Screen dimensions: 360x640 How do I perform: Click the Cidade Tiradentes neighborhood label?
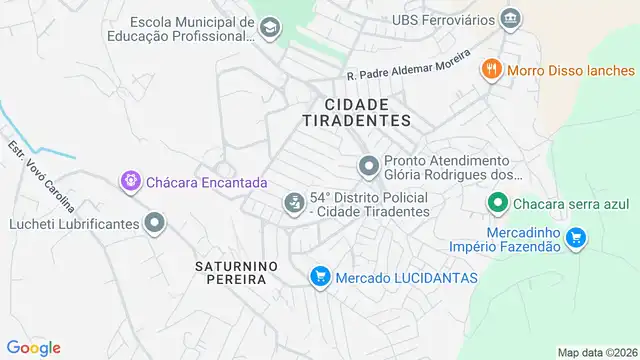click(356, 111)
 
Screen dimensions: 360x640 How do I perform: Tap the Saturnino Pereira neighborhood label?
click(231, 272)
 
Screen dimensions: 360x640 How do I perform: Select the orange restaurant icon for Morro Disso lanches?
click(490, 70)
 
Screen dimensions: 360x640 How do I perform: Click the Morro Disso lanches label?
click(571, 70)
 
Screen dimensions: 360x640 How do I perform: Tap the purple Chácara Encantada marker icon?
click(131, 182)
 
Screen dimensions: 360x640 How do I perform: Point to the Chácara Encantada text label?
click(207, 183)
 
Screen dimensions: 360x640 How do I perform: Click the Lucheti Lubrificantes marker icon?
click(154, 224)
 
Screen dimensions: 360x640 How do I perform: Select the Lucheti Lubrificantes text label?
click(75, 224)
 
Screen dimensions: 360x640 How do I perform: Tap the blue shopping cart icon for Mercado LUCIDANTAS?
click(320, 277)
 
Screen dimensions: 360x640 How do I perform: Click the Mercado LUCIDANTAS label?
click(407, 277)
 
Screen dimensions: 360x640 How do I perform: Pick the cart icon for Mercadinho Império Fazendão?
click(575, 238)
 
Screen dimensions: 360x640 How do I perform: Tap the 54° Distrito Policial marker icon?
click(294, 204)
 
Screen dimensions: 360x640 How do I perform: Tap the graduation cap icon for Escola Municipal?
click(270, 29)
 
